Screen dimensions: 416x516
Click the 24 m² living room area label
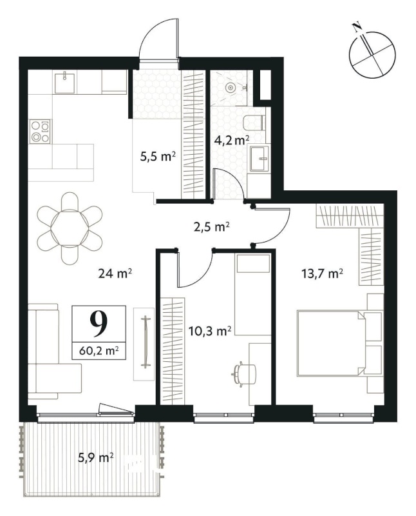(115, 273)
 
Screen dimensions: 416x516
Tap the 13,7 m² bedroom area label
(323, 273)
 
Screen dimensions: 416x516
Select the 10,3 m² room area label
(211, 331)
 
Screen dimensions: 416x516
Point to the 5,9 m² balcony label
(96, 457)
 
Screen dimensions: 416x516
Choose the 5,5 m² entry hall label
(156, 157)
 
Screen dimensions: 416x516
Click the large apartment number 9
(99, 323)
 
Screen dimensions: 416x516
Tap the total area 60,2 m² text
(99, 351)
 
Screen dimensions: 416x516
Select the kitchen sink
(64, 83)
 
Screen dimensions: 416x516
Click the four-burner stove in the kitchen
(41, 132)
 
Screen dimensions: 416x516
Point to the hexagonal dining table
(70, 228)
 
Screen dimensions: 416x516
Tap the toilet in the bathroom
(254, 123)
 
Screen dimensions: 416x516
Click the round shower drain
(231, 88)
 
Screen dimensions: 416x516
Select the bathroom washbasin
(260, 159)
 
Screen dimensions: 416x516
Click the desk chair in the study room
(244, 373)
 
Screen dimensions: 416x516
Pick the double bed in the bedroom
(339, 342)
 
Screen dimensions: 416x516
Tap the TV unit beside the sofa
(144, 344)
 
